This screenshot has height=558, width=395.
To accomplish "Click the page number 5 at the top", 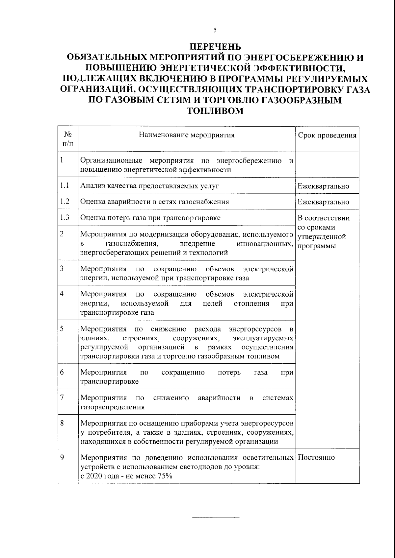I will pos(215,30).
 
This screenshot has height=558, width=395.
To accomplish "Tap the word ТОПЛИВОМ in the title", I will pos(215,111).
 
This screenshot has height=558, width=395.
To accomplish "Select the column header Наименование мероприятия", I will pos(187,135).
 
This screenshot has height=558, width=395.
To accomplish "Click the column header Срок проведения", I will pos(327,135).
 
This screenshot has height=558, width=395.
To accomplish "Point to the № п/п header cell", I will pos(68,139).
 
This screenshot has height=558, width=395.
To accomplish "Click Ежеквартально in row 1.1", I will pos(323,186).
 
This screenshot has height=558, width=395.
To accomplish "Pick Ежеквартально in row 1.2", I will pos(323,202).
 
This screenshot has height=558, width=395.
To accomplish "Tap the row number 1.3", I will pos(65,217).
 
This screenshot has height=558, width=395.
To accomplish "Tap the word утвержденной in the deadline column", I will pos(322,237).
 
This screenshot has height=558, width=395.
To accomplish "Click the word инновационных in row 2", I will pos(265,244).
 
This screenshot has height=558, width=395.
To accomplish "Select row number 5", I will pos(62,328).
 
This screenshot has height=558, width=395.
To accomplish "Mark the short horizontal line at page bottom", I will pos(216,518).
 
